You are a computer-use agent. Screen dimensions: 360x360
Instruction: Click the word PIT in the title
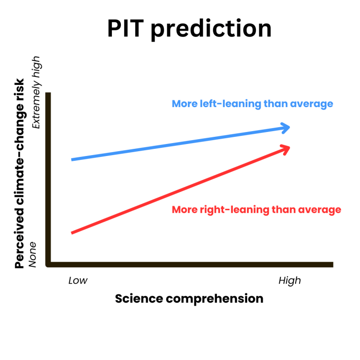pos(126,29)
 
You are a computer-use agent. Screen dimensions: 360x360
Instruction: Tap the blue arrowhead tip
pos(289,127)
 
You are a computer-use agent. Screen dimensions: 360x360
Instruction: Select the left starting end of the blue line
pos(72,159)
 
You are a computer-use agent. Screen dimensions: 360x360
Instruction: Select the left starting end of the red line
pos(72,233)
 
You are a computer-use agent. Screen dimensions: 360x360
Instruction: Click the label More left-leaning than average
pos(252,104)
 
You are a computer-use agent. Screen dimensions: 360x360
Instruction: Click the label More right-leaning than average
pos(256,210)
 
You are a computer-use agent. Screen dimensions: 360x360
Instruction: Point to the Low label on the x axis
pos(78,280)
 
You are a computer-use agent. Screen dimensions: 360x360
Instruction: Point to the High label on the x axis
pos(289,280)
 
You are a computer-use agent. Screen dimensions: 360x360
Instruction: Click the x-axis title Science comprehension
pos(189,299)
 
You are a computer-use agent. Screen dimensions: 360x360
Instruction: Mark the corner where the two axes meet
pos(48,264)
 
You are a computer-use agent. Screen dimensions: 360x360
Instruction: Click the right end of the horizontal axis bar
pos(331,264)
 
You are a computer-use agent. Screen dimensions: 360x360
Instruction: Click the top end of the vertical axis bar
pos(48,94)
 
